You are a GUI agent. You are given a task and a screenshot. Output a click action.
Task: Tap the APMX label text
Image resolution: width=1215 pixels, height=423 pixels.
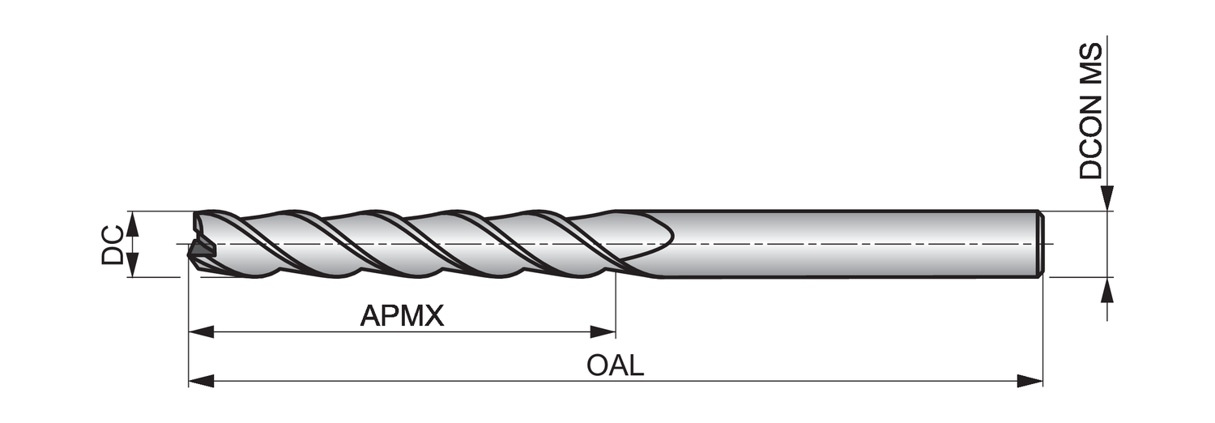coord(402,316)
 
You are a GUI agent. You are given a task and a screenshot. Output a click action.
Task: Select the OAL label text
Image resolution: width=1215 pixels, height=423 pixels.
coord(616,365)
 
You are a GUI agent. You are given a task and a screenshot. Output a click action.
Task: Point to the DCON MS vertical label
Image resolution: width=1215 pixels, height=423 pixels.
coord(1091,111)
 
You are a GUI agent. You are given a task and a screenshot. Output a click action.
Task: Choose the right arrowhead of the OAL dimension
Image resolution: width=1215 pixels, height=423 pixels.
coord(1030,381)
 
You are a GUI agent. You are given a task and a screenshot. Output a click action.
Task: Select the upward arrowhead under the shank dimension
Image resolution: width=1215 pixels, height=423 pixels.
coord(1107,290)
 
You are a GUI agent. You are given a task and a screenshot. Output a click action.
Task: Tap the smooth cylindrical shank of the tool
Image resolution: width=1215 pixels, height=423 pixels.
coord(850,243)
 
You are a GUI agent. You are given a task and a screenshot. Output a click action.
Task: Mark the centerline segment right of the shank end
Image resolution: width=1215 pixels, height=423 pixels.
coord(1048,244)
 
